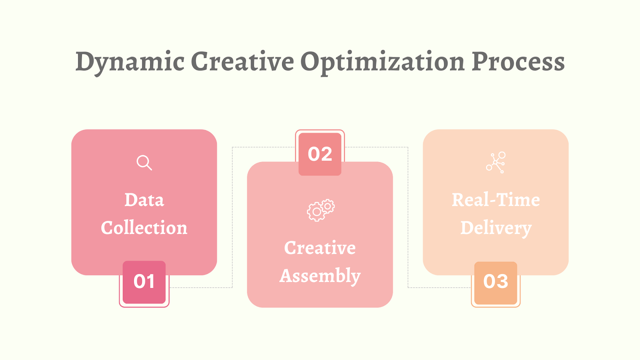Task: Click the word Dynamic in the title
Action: [130, 62]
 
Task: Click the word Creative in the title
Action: [242, 62]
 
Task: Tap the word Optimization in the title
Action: [382, 62]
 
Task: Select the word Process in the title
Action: [518, 62]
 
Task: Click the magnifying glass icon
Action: [144, 162]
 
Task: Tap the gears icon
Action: [320, 210]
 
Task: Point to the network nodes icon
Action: [496, 162]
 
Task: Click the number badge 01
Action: [144, 282]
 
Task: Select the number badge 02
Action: [320, 154]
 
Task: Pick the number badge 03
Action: [496, 282]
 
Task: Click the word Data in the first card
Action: [144, 200]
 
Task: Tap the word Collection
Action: [144, 228]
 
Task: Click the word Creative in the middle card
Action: [320, 248]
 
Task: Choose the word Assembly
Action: [320, 276]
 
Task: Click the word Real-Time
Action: [496, 200]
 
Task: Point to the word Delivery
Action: [496, 228]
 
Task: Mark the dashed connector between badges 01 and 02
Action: [232, 216]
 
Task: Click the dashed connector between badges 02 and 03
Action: [408, 216]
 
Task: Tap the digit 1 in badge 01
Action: [150, 282]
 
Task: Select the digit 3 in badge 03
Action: [502, 282]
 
